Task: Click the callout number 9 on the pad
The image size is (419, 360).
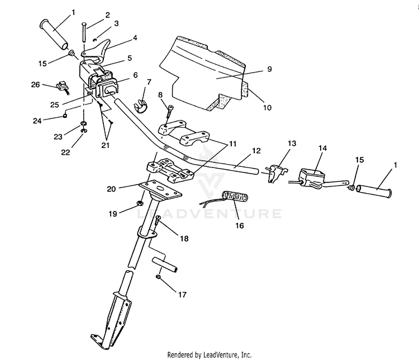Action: (270, 69)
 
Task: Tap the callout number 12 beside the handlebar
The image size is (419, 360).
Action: (256, 151)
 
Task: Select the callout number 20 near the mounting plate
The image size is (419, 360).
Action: (111, 189)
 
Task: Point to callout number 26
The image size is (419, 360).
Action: (36, 85)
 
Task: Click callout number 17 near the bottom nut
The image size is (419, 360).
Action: (182, 295)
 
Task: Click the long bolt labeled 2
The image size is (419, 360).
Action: (84, 32)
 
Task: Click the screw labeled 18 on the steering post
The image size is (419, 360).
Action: (158, 220)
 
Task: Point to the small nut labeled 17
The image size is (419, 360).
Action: (158, 277)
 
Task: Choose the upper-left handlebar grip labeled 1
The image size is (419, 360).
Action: (54, 35)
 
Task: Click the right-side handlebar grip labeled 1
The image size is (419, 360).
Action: (375, 191)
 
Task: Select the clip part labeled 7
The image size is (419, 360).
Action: (140, 106)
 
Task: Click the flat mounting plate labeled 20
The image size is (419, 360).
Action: (160, 189)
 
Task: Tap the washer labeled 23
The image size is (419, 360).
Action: (83, 123)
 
